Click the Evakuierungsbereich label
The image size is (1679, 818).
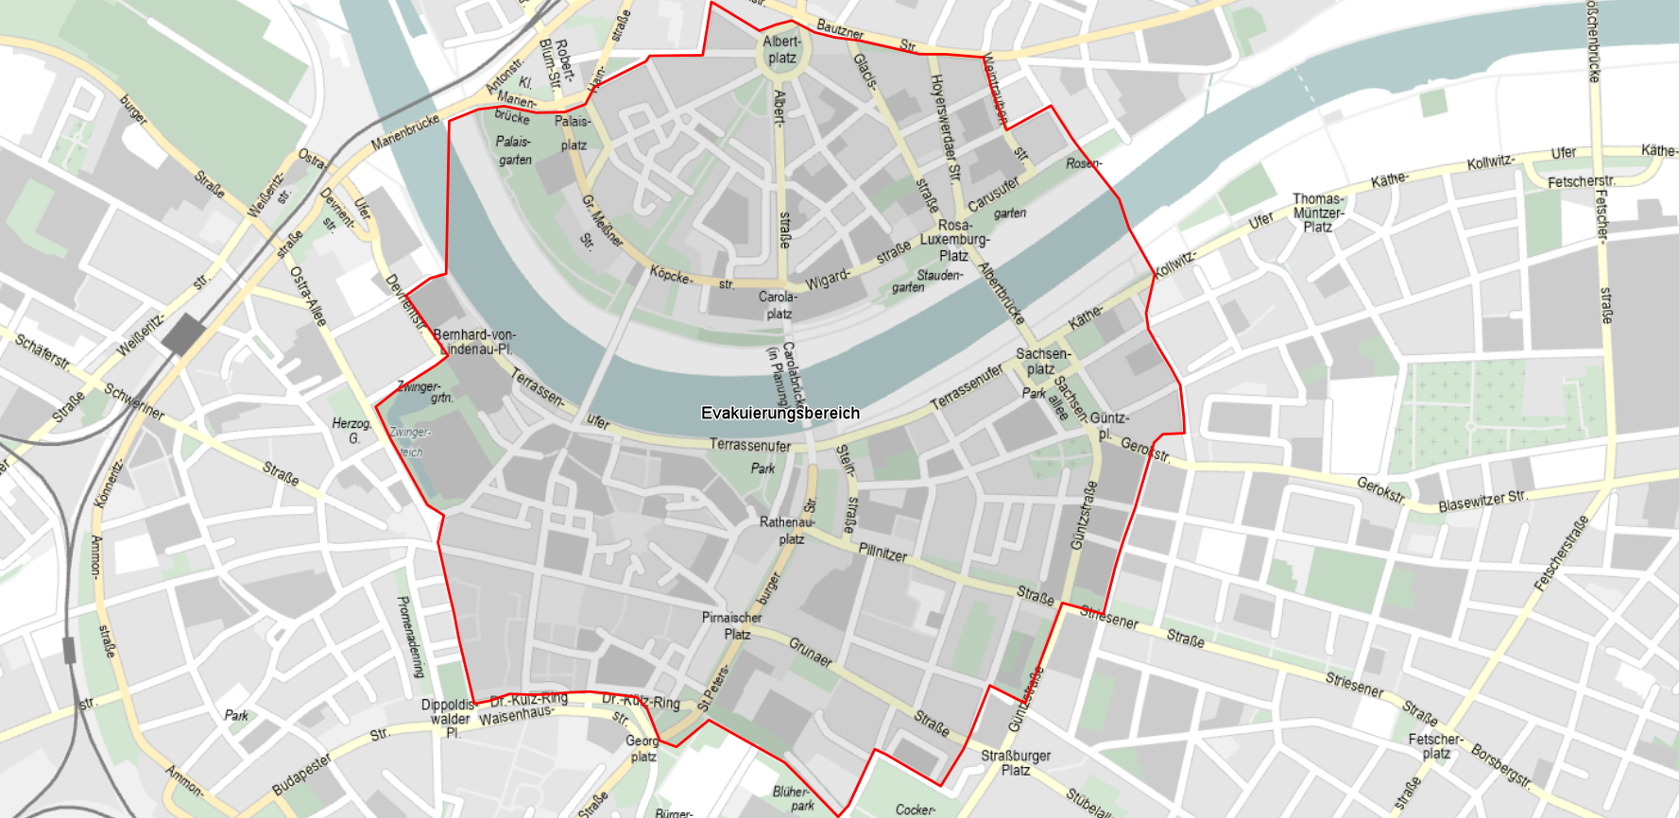point(780,413)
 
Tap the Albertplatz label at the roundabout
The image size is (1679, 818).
point(781,49)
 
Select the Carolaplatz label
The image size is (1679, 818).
point(779,305)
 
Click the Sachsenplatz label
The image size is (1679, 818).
point(1042,361)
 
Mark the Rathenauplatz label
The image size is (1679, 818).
point(787,530)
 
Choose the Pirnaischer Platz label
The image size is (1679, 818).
point(731,625)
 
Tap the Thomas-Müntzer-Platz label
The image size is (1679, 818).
point(1318,213)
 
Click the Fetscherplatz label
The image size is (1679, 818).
point(1435,745)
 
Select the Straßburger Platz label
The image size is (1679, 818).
point(1016,762)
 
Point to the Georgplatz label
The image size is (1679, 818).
point(642,748)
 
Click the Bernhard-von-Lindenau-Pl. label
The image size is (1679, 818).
point(474,342)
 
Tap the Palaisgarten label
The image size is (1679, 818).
point(514,150)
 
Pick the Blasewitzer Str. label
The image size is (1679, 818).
point(1482,501)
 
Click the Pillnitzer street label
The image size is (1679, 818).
point(882,552)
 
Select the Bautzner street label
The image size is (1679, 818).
point(840,29)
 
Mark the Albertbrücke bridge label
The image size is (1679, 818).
point(1002,294)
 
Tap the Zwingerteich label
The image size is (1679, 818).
point(410,441)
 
